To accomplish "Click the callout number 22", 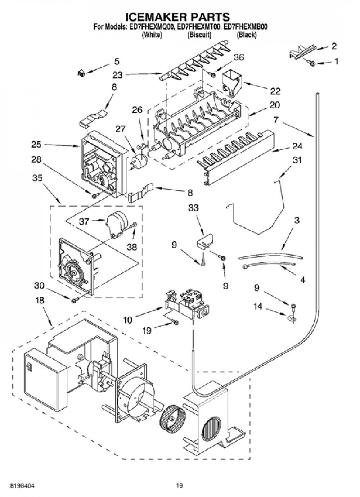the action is pos(275,91).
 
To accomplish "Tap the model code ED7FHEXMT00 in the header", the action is pos(199,27).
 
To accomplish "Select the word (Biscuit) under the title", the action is pos(199,35).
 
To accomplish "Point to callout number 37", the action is pos(84,221).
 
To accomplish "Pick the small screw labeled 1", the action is pos(312,63).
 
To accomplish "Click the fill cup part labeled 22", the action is pos(231,83).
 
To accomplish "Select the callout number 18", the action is pos(40,301).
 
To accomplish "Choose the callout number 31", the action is pos(297,160).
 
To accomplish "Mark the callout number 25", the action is pos(36,145).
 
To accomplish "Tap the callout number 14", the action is pos(258,307).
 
